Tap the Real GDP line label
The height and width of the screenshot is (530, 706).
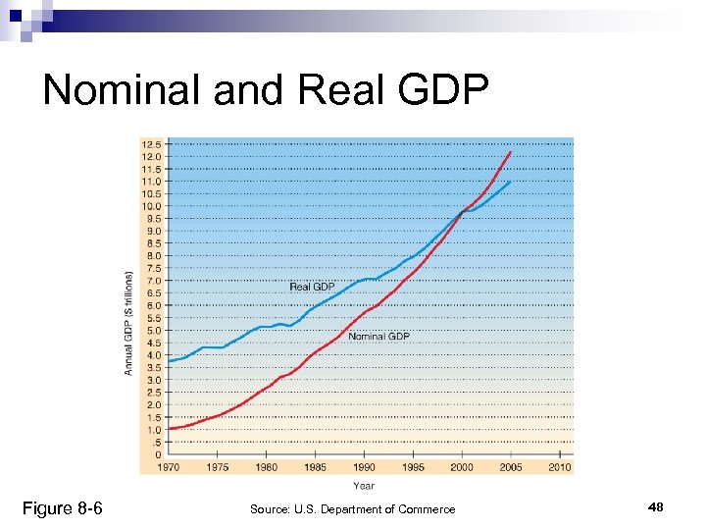tap(312, 287)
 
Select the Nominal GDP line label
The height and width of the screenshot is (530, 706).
tap(378, 337)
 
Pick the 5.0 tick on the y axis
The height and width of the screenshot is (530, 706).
tap(152, 331)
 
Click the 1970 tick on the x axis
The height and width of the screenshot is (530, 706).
tap(168, 468)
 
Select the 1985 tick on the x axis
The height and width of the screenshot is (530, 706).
tap(315, 468)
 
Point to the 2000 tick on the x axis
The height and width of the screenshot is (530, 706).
tap(461, 468)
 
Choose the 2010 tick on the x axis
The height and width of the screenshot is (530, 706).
tap(559, 468)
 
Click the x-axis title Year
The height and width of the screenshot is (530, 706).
tap(363, 485)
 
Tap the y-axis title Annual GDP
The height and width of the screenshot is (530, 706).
tap(128, 322)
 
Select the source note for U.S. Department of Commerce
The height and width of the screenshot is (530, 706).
tap(352, 509)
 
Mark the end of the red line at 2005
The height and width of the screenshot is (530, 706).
tap(510, 152)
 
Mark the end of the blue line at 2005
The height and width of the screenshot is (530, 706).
tap(510, 182)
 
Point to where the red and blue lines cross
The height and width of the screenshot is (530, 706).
tap(463, 211)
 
